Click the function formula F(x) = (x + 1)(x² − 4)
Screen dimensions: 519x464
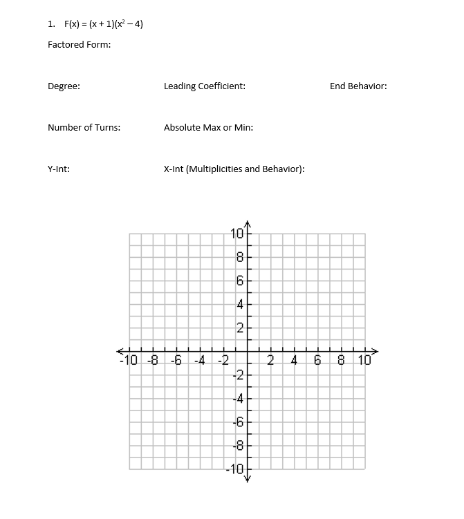104,24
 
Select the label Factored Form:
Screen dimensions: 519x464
80,45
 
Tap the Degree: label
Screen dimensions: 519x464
64,86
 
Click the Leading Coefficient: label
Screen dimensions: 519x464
205,86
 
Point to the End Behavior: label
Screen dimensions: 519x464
358,86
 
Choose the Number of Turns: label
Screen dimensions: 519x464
84,128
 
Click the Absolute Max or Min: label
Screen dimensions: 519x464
208,128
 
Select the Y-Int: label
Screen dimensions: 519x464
59,169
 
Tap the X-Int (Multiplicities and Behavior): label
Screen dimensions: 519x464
234,169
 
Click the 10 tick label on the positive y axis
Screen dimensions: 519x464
235,234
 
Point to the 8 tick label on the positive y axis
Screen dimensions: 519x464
239,257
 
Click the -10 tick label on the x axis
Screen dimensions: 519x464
129,360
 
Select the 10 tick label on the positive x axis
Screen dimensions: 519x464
364,360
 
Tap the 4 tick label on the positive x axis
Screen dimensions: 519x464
295,360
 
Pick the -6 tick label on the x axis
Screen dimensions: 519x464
176,360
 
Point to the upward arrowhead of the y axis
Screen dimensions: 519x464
247,224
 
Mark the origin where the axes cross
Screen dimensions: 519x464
247,352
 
